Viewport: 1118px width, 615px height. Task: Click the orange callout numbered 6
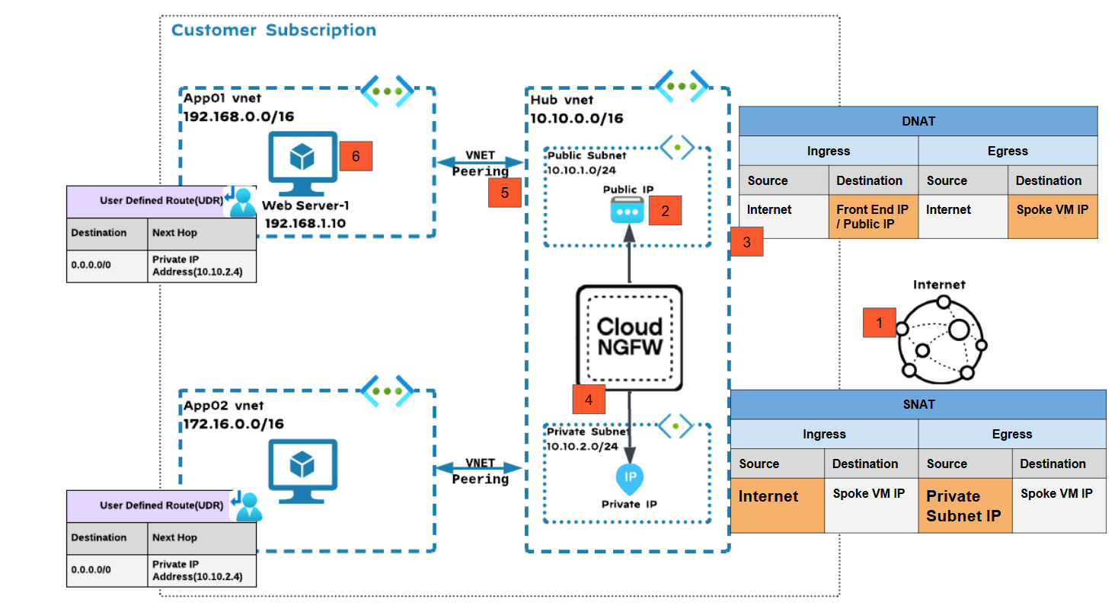click(356, 157)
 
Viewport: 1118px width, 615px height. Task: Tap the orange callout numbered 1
click(879, 323)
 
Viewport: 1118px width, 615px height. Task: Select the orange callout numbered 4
click(589, 398)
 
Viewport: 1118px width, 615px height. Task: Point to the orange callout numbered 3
click(746, 242)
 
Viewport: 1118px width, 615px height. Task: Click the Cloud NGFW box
click(629, 337)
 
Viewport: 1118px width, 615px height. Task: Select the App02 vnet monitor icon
click(302, 470)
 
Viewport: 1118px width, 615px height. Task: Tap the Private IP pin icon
click(630, 478)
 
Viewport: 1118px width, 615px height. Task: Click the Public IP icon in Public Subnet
click(627, 211)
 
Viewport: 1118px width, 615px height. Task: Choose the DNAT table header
click(918, 121)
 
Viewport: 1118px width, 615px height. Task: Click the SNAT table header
click(918, 404)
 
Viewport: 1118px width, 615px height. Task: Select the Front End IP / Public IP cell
click(873, 217)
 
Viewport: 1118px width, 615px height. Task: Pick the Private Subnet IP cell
click(964, 505)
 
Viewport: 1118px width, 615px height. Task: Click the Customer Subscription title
click(273, 30)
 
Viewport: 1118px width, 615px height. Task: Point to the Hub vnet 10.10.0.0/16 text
click(577, 118)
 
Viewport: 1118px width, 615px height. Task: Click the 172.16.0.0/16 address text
click(234, 423)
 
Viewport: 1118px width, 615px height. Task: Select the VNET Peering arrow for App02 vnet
click(480, 467)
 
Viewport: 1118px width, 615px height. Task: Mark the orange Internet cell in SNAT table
click(777, 505)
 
